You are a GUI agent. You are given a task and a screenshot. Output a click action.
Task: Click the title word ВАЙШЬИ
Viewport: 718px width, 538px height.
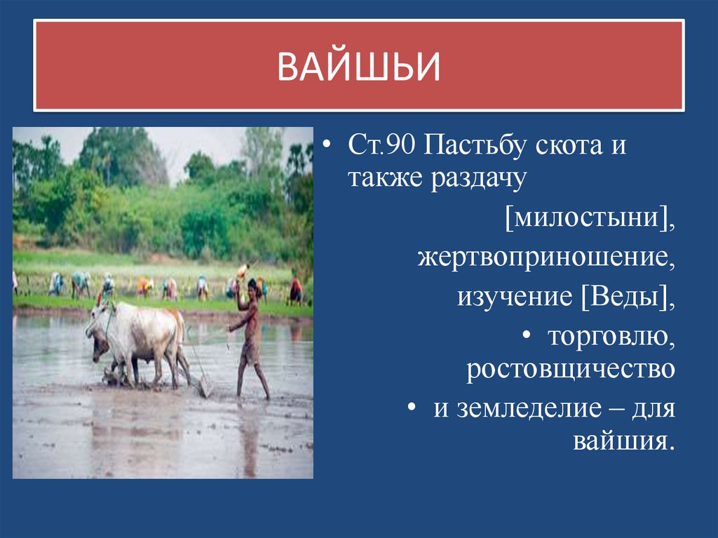click(358, 66)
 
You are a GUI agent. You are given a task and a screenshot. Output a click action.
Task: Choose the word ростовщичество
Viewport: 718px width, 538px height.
click(571, 370)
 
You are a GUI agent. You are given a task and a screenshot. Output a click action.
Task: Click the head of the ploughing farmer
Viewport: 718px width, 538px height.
click(253, 285)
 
